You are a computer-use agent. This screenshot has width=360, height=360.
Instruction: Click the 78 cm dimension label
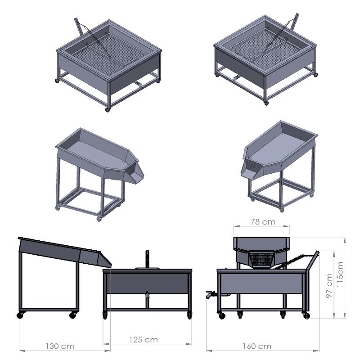pos(263,222)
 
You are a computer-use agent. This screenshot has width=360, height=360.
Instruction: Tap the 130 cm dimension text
pos(60,346)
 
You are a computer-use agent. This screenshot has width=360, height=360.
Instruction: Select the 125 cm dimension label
pos(144,340)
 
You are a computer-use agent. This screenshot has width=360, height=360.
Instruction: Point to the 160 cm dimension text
pos(257,346)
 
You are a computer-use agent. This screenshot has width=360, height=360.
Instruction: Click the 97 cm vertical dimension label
pos(329,286)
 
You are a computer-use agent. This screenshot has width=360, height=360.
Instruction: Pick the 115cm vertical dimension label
pos(340,274)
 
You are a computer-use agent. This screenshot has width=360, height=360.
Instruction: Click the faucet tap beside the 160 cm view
pos(211,294)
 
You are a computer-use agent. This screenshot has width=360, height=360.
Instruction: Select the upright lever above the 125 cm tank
pos(148,259)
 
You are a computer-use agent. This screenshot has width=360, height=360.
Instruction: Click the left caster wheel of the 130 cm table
pos(20,315)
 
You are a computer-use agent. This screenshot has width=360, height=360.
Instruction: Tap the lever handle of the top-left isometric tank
pos(78,27)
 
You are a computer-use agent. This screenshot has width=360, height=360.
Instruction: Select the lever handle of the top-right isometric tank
pos(295,22)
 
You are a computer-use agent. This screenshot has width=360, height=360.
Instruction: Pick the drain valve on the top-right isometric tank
pos(236,79)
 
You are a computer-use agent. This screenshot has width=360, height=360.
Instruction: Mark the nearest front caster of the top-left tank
pos(108,110)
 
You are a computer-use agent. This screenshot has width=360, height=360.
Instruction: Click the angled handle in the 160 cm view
pos(312,261)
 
